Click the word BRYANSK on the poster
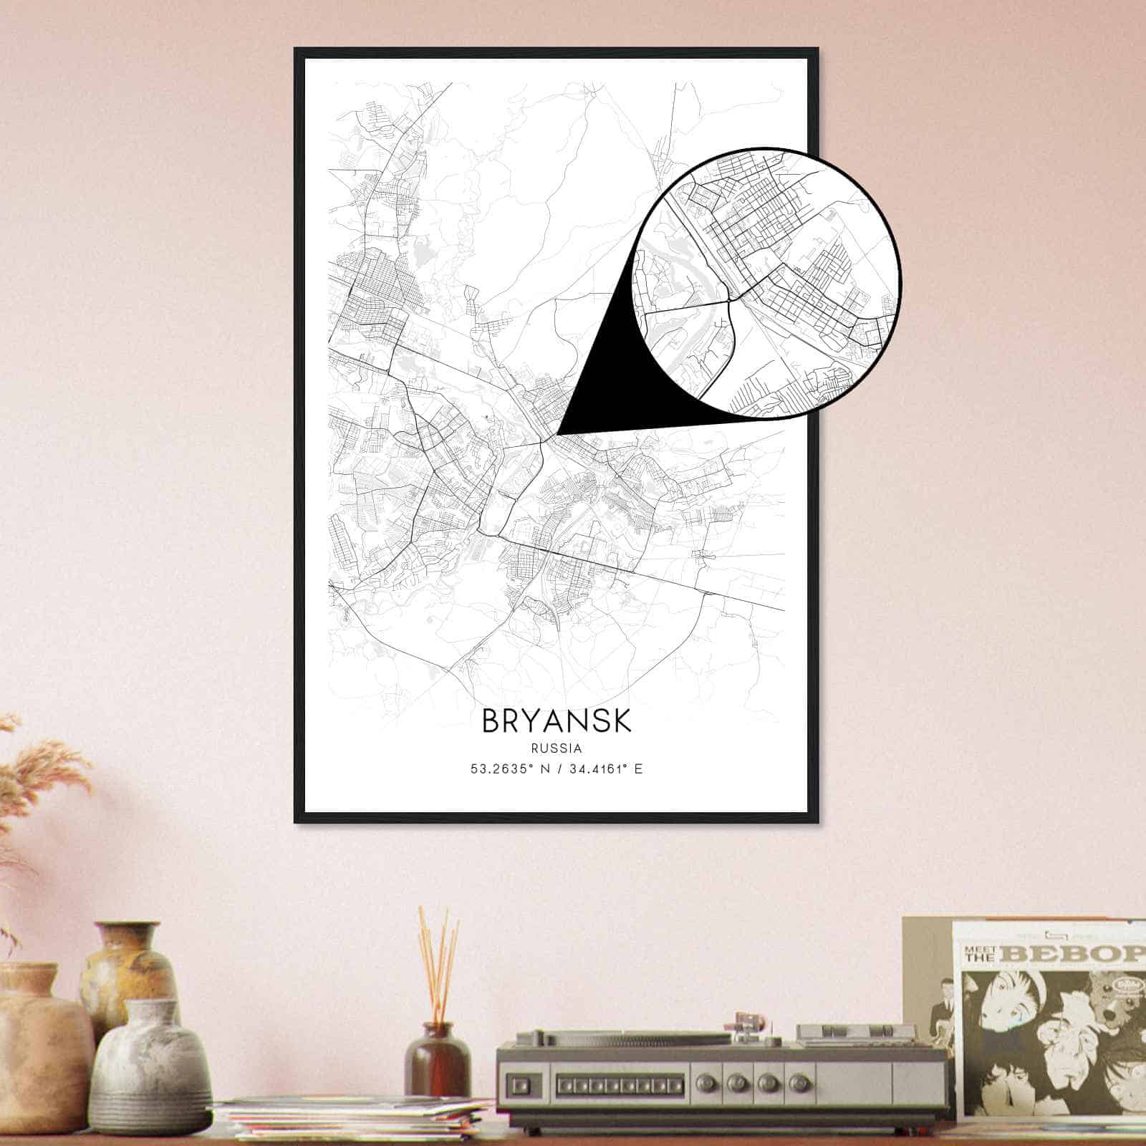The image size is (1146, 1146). coord(557,721)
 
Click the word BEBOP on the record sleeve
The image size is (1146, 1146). coord(1074,953)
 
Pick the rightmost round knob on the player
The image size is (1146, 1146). coord(798,1080)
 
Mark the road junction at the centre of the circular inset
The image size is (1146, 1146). coord(728,300)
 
